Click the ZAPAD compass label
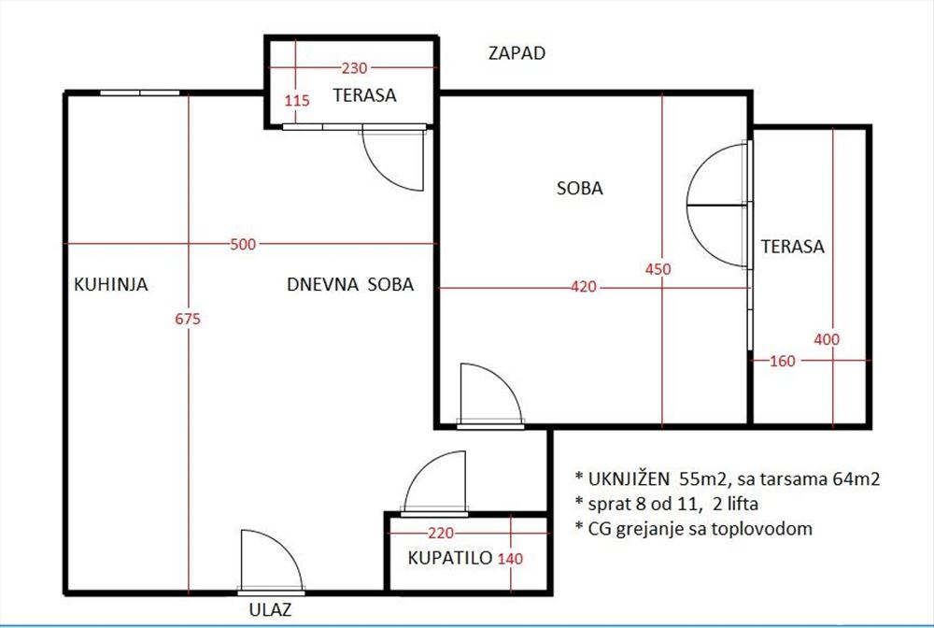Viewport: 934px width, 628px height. pos(517,53)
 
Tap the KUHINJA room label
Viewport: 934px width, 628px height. pos(111,284)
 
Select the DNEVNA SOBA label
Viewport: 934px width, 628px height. pos(350,284)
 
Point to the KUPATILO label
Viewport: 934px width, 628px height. pos(450,558)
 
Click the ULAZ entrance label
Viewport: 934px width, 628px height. pos(271,609)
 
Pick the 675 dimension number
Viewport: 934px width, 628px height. pos(188,320)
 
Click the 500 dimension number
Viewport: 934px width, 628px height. pos(243,244)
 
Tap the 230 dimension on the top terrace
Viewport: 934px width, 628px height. pos(354,68)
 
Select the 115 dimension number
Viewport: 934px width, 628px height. pos(297,101)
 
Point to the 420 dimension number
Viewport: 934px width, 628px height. pos(584,287)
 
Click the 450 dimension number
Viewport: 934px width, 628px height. pos(658,269)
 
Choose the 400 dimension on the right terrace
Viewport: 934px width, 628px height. pos(827,339)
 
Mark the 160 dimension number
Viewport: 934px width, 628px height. pos(783,361)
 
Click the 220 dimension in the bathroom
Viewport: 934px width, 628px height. pos(441,533)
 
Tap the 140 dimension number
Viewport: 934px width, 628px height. pos(511,559)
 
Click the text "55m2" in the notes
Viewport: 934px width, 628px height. pos(704,478)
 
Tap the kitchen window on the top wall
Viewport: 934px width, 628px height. pos(139,93)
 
